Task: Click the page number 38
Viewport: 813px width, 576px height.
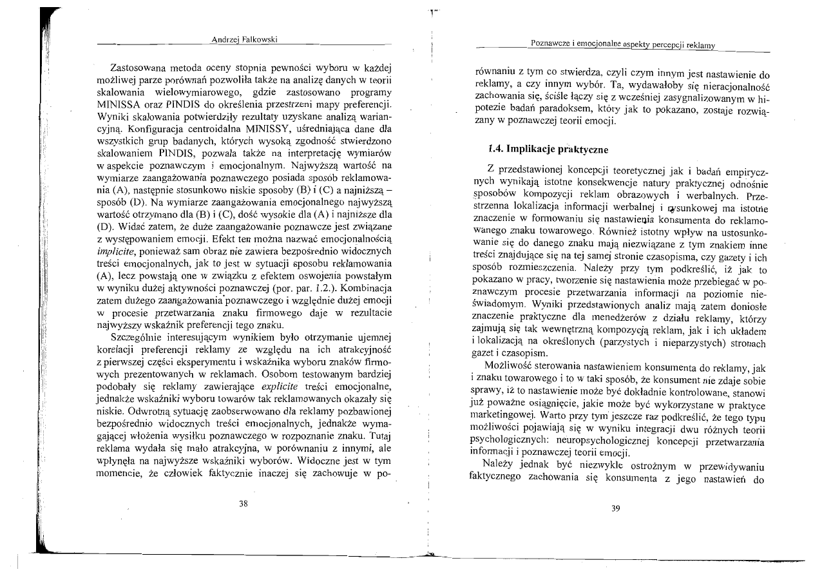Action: [243, 504]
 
